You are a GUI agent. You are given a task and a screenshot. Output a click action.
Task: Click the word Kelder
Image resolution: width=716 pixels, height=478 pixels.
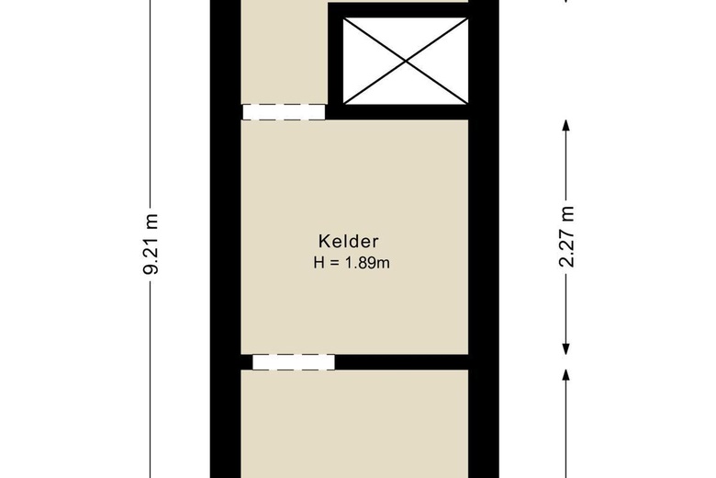coord(349,242)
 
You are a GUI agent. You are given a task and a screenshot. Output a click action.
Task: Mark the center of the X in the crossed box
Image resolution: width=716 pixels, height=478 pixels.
coord(405,56)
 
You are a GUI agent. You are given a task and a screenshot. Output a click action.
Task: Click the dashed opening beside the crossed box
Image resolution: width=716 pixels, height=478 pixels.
coord(284,112)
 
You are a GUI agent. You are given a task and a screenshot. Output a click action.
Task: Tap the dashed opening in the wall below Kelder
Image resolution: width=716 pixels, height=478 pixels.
coord(294,362)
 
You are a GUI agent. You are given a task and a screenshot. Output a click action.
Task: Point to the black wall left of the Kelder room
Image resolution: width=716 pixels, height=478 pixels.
coord(226,239)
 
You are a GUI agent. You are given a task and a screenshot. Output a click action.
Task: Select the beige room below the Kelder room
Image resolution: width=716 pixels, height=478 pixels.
coord(354,423)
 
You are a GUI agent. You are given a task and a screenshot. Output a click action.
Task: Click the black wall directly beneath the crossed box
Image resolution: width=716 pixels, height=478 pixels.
coord(404,112)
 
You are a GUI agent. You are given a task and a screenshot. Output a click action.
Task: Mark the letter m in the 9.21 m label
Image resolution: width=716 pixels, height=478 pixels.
coord(153,220)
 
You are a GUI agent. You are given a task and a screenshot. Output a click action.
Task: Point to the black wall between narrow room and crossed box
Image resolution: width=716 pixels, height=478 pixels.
coord(333,55)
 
